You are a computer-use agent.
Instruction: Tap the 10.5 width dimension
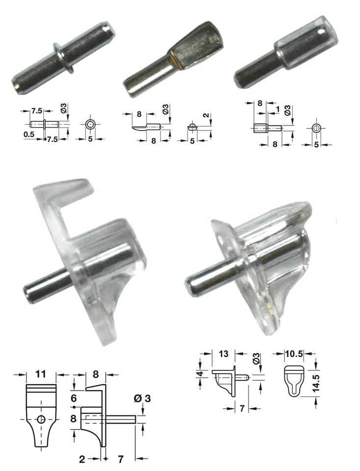294,354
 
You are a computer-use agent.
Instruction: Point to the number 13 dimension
223,354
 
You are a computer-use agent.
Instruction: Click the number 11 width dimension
41,374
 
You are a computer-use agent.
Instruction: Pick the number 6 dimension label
74,398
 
